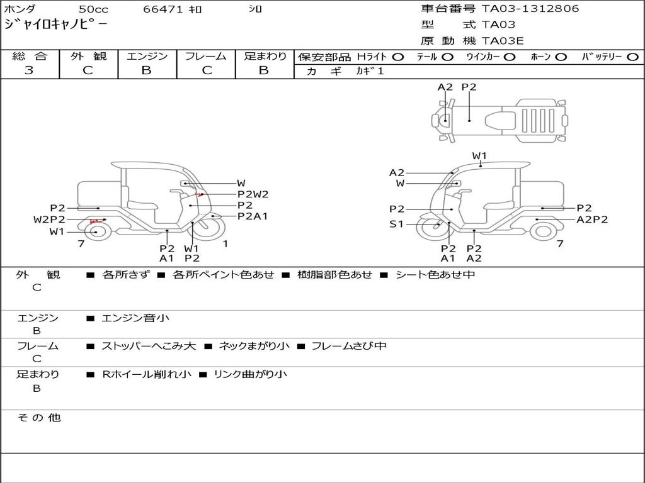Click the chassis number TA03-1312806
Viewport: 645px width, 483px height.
coord(530,9)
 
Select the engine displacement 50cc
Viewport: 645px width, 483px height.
coord(93,9)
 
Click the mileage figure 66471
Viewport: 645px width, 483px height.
coord(163,9)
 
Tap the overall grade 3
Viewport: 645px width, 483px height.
coord(29,70)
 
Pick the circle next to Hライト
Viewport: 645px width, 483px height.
coord(398,57)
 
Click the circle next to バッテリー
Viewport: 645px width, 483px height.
coord(632,57)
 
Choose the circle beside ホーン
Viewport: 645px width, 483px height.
coord(561,57)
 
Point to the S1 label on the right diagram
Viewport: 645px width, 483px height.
coord(397,225)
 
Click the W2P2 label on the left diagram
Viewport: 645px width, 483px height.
coord(49,219)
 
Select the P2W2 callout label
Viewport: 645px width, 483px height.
coord(253,194)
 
